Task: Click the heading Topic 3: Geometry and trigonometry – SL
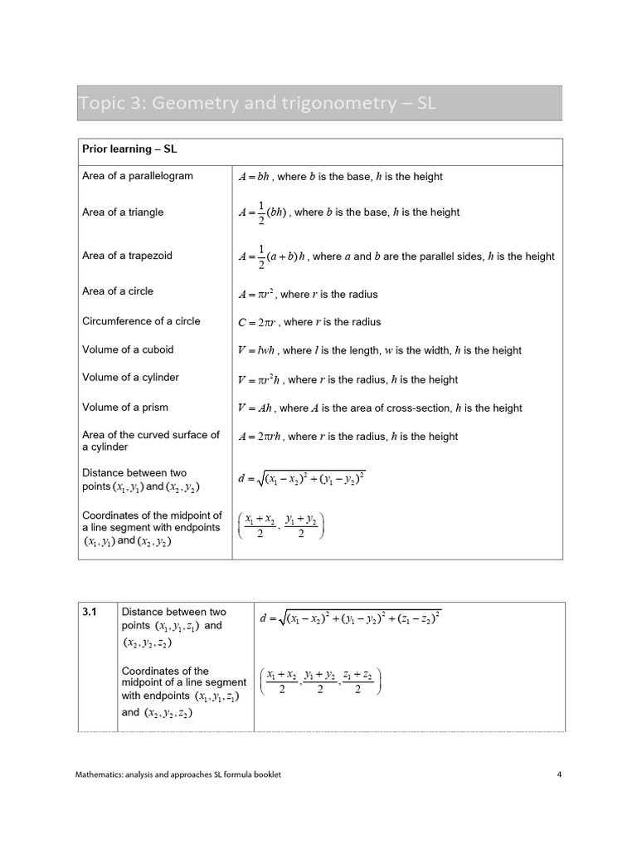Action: tap(257, 104)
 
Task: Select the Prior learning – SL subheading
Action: tap(129, 149)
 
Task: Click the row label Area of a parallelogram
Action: tap(138, 176)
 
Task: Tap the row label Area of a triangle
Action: tap(123, 212)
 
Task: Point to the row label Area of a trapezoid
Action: tap(127, 256)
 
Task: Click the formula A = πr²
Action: tap(256, 294)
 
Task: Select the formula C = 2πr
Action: tap(258, 322)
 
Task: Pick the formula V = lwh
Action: tap(259, 350)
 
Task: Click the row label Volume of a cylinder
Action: tap(130, 378)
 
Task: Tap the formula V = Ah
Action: tap(255, 408)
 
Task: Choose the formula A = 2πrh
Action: tap(260, 437)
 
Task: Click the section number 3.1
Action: tap(90, 613)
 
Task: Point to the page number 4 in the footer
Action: tap(559, 774)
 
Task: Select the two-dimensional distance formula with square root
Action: tap(301, 479)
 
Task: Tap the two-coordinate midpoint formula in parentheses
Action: tap(281, 526)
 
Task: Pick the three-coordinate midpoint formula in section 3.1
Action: tap(319, 682)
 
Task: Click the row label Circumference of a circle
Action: tap(141, 321)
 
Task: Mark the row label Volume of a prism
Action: tap(124, 407)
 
